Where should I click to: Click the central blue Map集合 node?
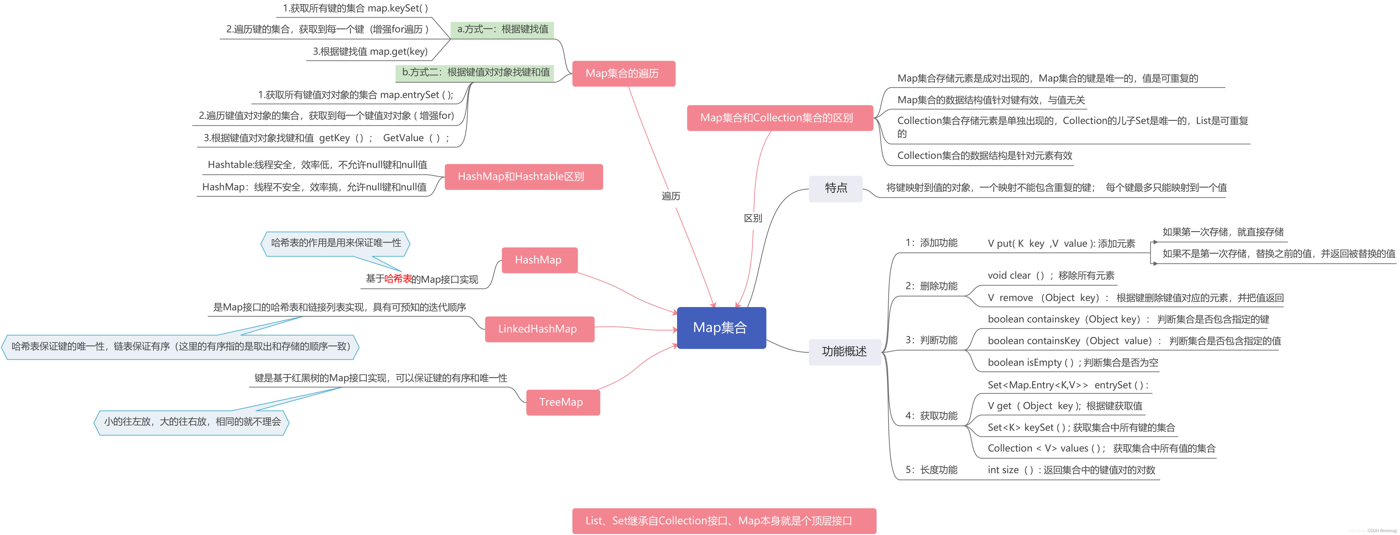click(721, 327)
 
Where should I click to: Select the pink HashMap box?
click(539, 260)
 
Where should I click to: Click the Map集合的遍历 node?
click(623, 73)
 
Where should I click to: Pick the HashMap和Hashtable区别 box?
click(522, 177)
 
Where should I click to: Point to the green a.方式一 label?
click(502, 29)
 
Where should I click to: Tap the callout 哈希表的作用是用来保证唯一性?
click(336, 243)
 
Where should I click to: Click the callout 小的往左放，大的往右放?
click(192, 422)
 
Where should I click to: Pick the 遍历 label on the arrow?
click(671, 196)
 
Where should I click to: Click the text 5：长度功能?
click(931, 470)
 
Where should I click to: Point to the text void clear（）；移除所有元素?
click(1050, 276)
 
